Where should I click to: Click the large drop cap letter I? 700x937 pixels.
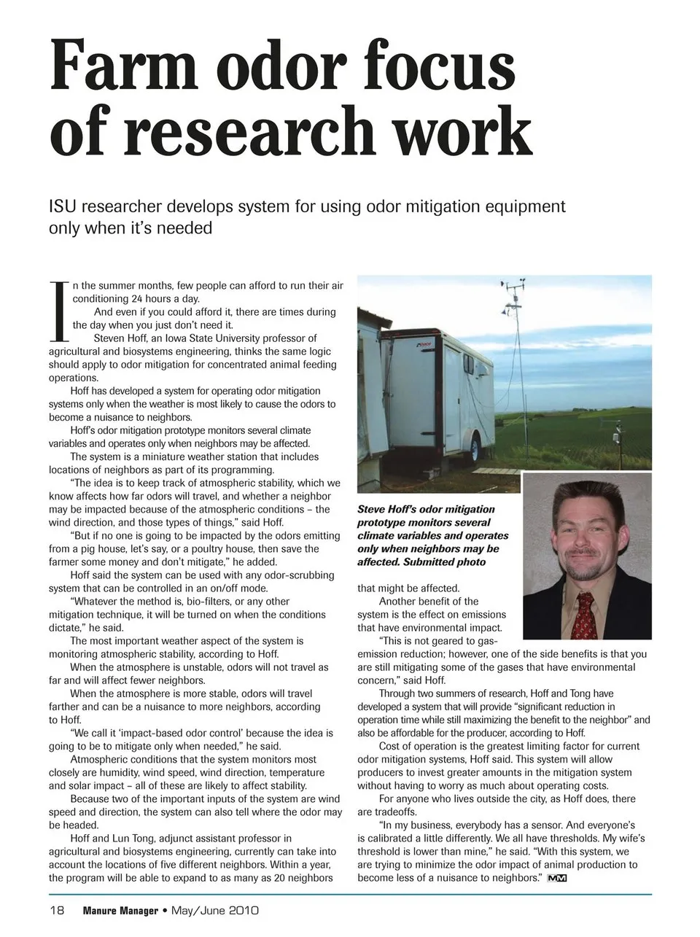click(x=58, y=311)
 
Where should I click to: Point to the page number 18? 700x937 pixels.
click(x=57, y=910)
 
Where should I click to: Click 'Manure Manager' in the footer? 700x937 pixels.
click(x=120, y=911)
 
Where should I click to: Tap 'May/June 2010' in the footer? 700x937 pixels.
click(x=215, y=911)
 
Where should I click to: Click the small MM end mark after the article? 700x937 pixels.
click(x=557, y=878)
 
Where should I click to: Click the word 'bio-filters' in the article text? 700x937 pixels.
click(x=214, y=602)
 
